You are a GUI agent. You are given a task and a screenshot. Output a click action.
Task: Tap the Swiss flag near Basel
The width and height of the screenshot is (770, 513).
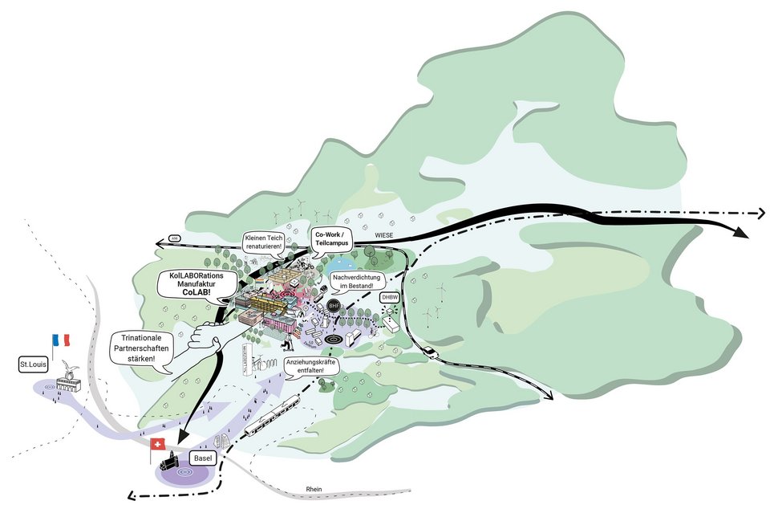[x=158, y=444]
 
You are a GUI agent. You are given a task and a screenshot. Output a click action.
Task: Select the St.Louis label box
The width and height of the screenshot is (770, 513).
[x=33, y=366]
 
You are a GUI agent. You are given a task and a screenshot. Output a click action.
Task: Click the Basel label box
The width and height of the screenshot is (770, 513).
[x=202, y=458]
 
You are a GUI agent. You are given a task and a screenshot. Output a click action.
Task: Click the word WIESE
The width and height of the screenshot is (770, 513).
[x=388, y=235]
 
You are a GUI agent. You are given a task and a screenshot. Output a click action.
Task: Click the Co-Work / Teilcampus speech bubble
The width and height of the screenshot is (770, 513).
[x=339, y=239]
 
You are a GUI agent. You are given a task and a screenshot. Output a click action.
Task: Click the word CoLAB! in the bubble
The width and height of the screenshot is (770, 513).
[x=197, y=294]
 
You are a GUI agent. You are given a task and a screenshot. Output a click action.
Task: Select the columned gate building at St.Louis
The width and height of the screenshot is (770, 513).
[x=67, y=384]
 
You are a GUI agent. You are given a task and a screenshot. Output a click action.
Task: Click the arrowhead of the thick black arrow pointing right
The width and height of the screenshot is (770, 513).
[x=739, y=232]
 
